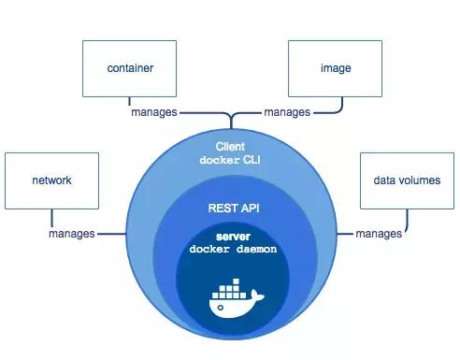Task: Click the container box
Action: click(x=130, y=67)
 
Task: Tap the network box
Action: click(x=50, y=180)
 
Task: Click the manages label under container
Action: click(x=153, y=112)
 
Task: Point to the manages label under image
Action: click(x=287, y=112)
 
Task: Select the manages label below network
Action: click(x=72, y=233)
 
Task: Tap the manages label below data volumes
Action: click(x=379, y=233)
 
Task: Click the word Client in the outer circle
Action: click(x=229, y=147)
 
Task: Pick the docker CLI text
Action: click(x=229, y=160)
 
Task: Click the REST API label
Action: click(x=229, y=209)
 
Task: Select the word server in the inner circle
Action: click(x=229, y=238)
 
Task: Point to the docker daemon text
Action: click(x=229, y=250)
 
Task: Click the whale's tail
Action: click(x=260, y=296)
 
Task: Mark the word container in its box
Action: click(x=130, y=68)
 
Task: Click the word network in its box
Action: click(x=50, y=180)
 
